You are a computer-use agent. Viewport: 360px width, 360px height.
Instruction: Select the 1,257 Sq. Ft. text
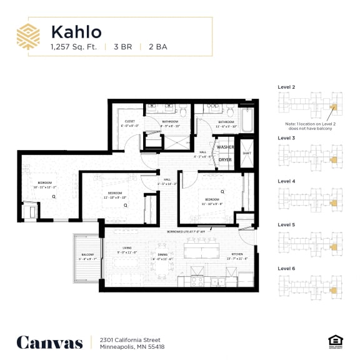(74, 46)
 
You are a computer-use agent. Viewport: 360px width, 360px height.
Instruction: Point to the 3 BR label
(123, 46)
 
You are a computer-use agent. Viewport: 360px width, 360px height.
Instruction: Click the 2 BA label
(157, 46)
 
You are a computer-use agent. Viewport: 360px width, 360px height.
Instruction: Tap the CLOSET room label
(130, 121)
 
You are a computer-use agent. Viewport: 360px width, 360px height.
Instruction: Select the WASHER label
(225, 147)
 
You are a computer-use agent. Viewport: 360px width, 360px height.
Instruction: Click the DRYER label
(224, 159)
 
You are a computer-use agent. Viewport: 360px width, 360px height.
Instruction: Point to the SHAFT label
(246, 152)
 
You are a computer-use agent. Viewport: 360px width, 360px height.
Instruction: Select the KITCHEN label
(237, 254)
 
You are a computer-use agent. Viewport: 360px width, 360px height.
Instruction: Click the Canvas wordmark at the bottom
(49, 342)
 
